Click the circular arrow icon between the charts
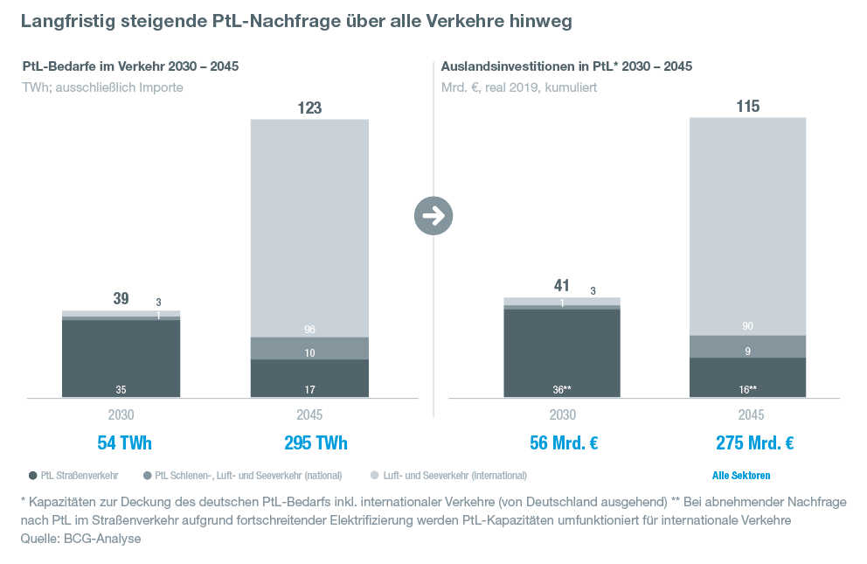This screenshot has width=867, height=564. click(433, 215)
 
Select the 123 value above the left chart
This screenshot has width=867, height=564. click(309, 108)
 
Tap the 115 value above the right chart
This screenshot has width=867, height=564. click(748, 107)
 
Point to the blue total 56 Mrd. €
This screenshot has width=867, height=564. click(563, 443)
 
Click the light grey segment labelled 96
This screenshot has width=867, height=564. click(309, 227)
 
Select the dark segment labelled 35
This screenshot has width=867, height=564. click(121, 359)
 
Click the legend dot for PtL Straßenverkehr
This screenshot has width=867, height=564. click(31, 476)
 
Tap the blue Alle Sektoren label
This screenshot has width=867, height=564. click(741, 476)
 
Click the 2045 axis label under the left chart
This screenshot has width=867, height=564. click(309, 415)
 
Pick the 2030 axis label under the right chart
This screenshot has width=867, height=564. click(562, 415)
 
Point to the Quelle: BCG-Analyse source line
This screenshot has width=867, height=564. click(80, 540)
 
